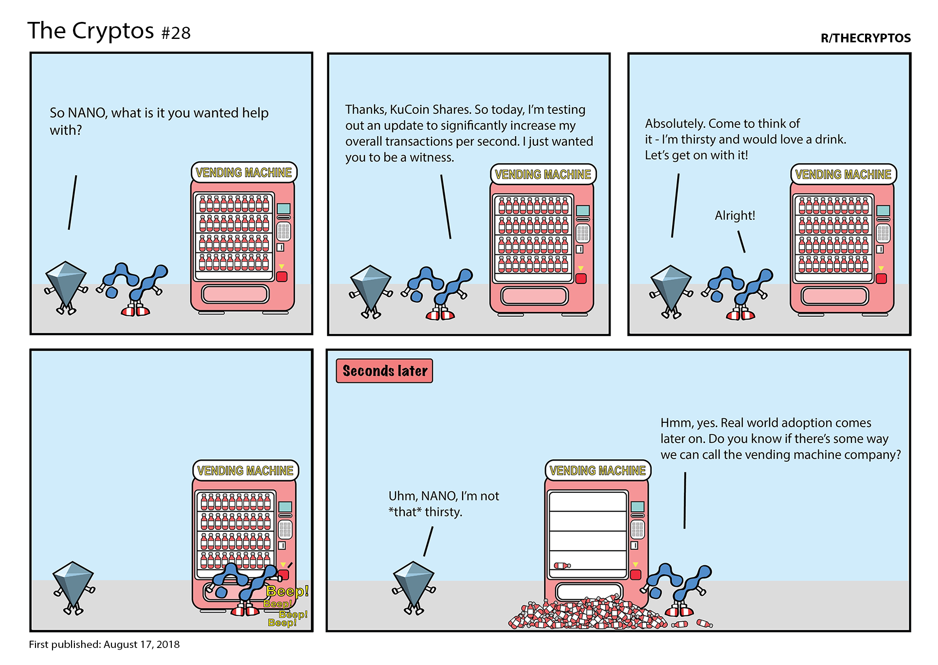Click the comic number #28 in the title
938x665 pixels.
point(176,33)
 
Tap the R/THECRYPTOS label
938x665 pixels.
point(866,38)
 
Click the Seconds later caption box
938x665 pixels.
point(384,371)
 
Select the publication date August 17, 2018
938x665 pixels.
point(142,644)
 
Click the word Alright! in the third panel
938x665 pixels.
point(735,215)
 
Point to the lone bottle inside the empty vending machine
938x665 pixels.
point(562,565)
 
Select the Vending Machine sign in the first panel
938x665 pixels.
point(244,173)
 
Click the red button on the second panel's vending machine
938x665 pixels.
point(581,279)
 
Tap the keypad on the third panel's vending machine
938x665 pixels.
point(883,234)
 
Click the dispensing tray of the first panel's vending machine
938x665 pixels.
point(235,294)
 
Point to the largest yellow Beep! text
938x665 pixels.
point(288,591)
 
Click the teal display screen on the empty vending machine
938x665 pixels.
point(637,506)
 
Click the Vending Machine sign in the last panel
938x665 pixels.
point(597,470)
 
